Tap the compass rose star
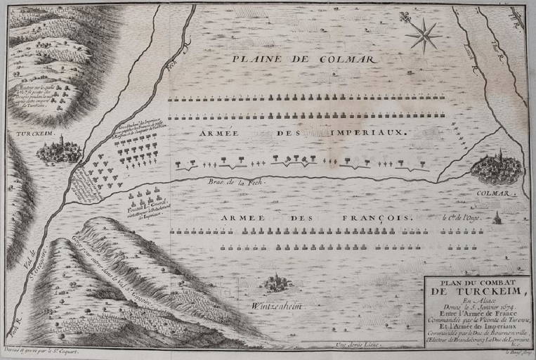click(424, 35)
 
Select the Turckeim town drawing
click(60, 150)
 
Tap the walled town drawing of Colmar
click(497, 169)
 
